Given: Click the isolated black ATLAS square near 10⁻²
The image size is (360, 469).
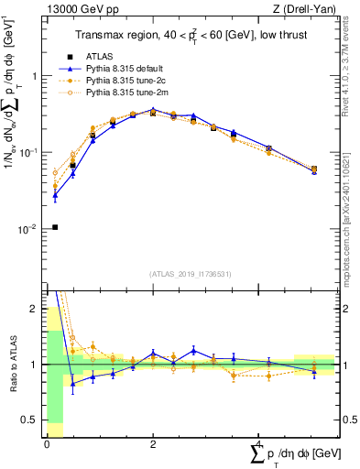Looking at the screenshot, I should (55, 227).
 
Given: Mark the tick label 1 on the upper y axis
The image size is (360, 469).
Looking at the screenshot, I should (35, 77).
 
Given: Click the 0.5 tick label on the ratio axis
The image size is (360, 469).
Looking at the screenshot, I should (29, 421).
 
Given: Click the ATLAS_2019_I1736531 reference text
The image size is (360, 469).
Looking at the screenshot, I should (191, 274).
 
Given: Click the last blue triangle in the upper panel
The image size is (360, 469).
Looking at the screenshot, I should (314, 171).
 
